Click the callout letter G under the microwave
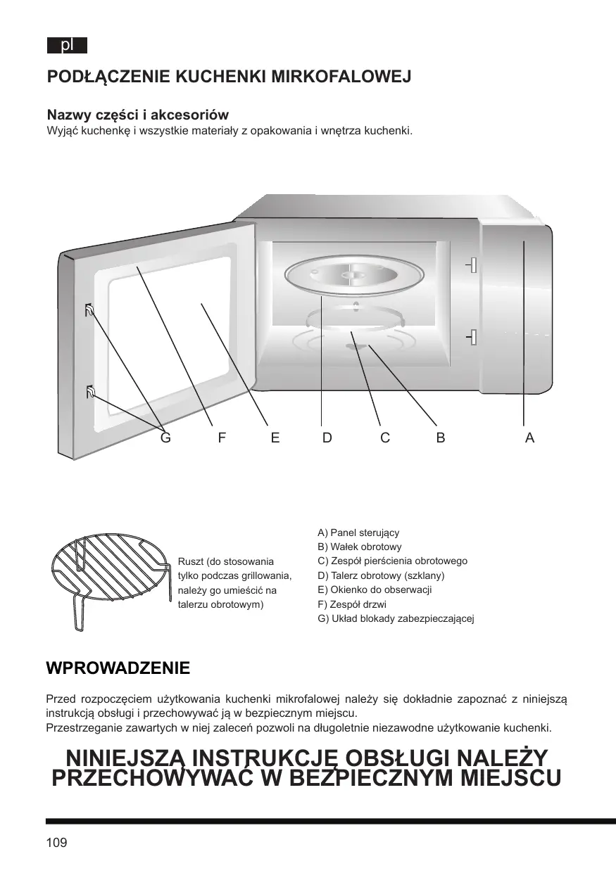point(165,438)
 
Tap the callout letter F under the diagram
point(222,438)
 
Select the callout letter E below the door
point(275,438)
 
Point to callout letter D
point(327,438)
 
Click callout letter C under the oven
point(384,438)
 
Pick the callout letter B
point(440,438)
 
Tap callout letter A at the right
point(529,438)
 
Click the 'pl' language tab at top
point(67,46)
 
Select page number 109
point(56,843)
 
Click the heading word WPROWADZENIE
point(118,668)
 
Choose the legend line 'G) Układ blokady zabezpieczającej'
point(396,619)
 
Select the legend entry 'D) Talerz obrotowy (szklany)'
point(381,575)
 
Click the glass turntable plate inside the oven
point(345,276)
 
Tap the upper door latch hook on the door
point(90,310)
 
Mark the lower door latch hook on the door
point(90,392)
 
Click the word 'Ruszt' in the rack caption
point(190,561)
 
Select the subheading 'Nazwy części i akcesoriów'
point(137,115)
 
